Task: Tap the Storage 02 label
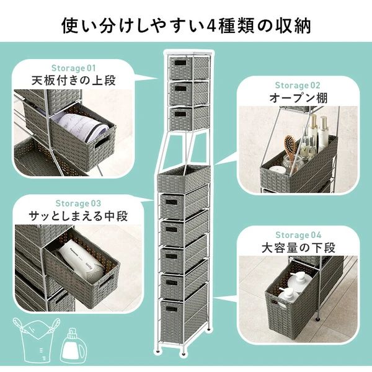coord(298,85)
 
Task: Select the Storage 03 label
coord(77,203)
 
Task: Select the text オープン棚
coord(298,99)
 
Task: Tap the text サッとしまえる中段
coord(77,216)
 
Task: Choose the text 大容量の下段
coord(298,249)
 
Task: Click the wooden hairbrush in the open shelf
coord(289,147)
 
